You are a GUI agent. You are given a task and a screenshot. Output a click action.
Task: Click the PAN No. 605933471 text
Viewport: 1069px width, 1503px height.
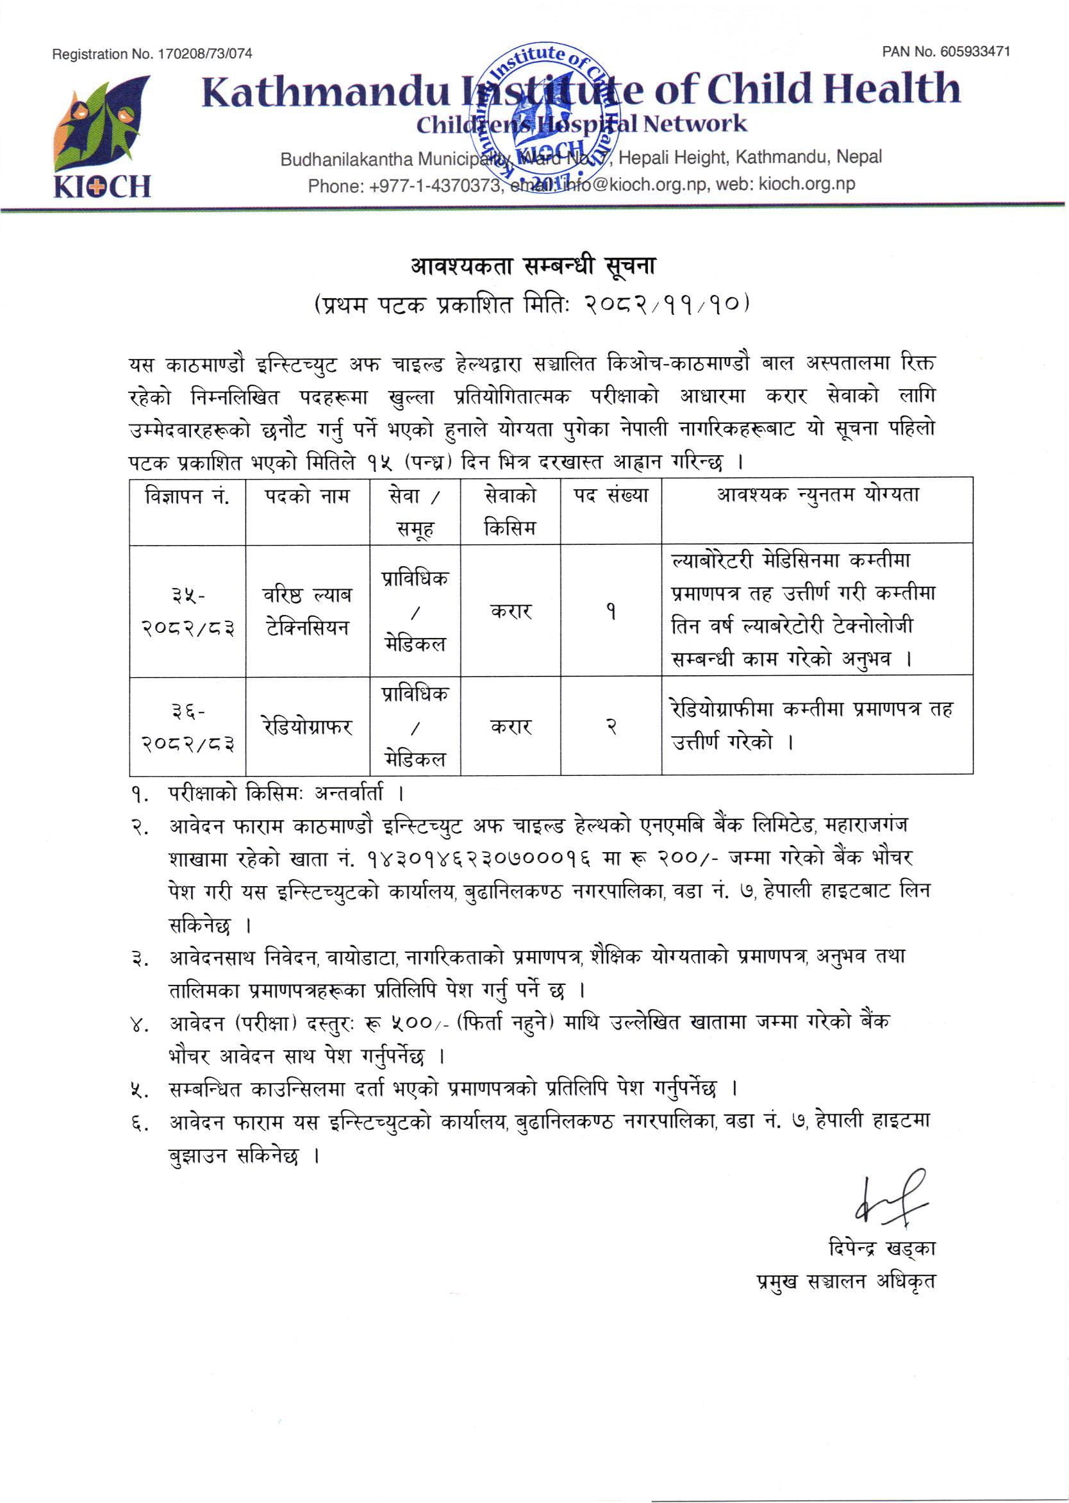946,52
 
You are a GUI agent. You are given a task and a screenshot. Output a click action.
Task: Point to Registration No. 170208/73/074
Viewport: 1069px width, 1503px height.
152,54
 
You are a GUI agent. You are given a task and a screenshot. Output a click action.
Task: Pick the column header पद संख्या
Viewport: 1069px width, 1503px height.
611,495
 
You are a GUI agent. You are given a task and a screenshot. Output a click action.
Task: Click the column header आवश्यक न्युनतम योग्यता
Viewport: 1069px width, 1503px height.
818,495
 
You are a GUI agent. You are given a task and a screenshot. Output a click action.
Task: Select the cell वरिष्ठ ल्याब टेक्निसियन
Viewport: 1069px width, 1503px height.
308,610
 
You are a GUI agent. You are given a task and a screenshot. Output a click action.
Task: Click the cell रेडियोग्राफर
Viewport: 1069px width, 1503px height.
308,727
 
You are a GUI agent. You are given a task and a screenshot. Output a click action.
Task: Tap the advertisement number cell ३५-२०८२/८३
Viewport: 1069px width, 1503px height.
188,612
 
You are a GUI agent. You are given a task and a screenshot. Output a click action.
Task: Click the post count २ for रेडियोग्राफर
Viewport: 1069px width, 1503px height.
611,727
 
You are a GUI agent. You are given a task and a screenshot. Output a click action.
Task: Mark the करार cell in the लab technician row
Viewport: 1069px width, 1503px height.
511,611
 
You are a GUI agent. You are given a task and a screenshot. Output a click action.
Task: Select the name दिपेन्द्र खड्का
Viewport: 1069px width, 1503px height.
881,1248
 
